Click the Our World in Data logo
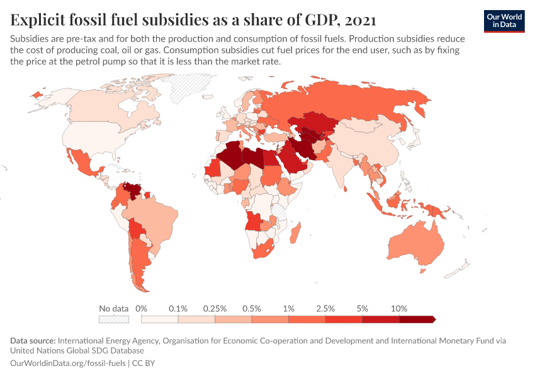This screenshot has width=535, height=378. tap(504, 21)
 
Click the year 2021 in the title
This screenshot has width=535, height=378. tap(359, 20)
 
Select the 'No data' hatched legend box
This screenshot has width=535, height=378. tap(114, 319)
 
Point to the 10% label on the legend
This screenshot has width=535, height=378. tap(399, 309)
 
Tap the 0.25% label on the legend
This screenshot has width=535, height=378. tap(214, 309)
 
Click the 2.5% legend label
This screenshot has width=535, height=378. tap(325, 309)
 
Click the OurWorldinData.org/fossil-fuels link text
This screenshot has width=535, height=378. tap(69, 364)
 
